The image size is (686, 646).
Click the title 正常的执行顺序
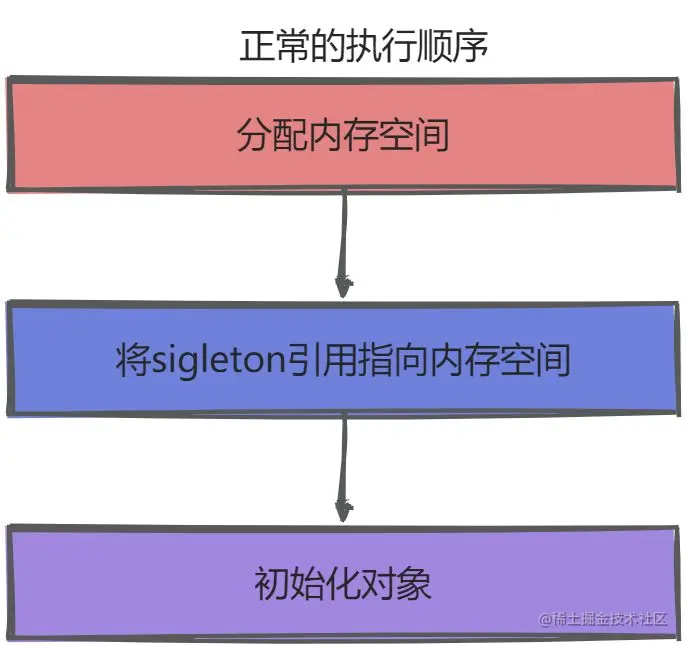click(x=363, y=46)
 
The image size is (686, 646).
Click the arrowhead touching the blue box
click(x=343, y=288)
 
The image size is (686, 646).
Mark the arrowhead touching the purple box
click(x=343, y=511)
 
